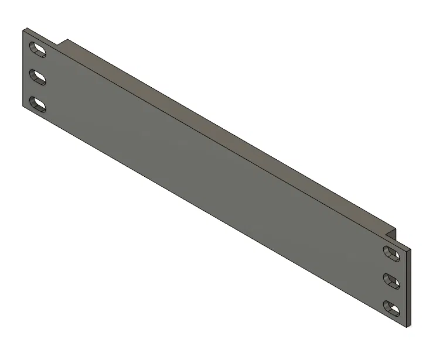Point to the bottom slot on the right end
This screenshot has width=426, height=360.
click(x=391, y=307)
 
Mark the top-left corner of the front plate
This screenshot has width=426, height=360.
click(x=23, y=29)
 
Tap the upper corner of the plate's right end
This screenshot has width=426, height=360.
click(x=410, y=249)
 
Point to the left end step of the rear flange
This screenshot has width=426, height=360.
click(x=63, y=43)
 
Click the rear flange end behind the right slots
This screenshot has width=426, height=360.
click(x=392, y=234)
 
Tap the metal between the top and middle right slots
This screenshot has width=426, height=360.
click(x=391, y=267)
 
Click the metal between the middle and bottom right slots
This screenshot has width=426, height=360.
click(x=391, y=294)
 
